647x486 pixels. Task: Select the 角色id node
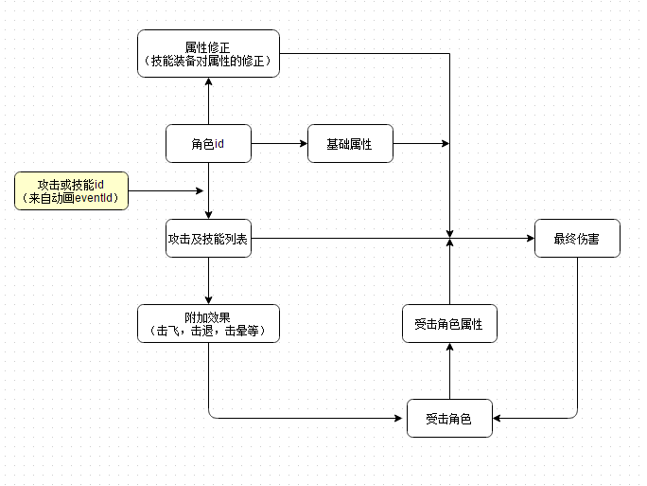[x=208, y=144]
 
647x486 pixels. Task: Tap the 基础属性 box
[x=349, y=144]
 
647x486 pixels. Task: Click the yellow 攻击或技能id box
[x=72, y=189]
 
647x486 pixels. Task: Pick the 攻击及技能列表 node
[x=208, y=240]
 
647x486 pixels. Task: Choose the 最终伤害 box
[x=577, y=239]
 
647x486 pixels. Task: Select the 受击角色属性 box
[x=449, y=324]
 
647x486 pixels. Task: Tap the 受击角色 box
[x=449, y=418]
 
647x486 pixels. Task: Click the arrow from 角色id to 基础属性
[x=279, y=144]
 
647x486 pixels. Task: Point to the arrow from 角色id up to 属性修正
[x=208, y=102]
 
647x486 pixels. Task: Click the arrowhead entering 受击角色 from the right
[x=498, y=418]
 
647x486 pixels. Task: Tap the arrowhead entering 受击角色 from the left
[x=401, y=418]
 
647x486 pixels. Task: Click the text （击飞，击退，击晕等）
[x=208, y=332]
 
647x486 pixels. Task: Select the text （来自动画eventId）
[x=72, y=197]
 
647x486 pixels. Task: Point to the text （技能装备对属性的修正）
[x=208, y=61]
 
